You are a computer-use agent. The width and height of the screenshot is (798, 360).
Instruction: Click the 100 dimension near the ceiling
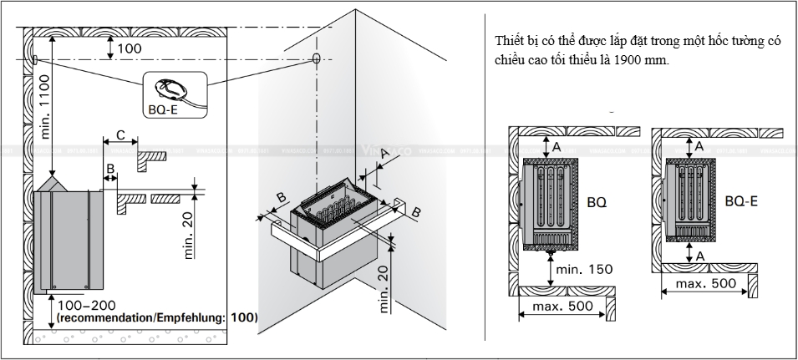(130, 48)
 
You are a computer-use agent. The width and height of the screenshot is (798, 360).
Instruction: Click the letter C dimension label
(120, 134)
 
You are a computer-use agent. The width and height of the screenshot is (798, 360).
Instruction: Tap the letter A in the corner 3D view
(384, 153)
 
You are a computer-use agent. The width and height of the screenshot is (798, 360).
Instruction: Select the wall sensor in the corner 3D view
(317, 58)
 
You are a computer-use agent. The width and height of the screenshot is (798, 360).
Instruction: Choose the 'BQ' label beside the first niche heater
(597, 202)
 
